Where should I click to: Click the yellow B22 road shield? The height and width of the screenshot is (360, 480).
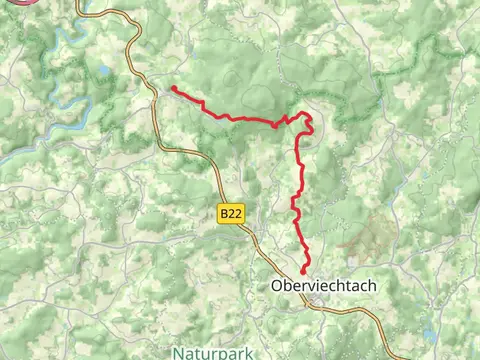(x=230, y=213)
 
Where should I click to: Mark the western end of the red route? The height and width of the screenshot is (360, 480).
(x=173, y=88)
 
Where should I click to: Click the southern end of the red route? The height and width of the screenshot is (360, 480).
(x=303, y=270)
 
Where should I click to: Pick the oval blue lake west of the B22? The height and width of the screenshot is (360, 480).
(x=103, y=72)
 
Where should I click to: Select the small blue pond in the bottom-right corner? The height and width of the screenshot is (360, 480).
(x=428, y=333)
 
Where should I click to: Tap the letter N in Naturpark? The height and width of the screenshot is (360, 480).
(x=176, y=352)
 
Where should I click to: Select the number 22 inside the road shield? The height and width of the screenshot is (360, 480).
(x=234, y=213)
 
